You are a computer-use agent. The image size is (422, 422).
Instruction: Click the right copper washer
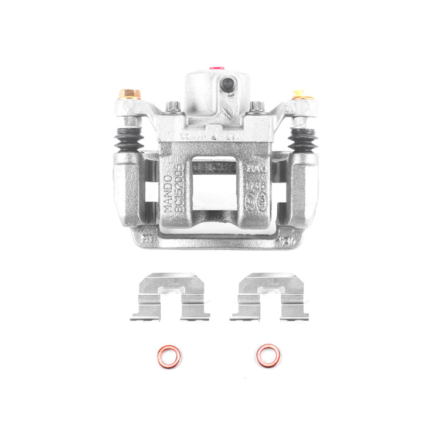(268, 355)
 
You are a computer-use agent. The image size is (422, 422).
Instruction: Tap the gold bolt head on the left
(129, 94)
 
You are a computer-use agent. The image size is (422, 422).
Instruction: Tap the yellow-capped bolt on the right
(299, 94)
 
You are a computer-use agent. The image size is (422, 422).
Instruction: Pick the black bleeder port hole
(227, 85)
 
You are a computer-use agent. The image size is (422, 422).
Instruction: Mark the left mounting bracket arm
(125, 188)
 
